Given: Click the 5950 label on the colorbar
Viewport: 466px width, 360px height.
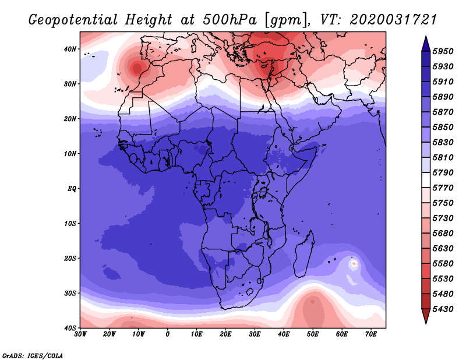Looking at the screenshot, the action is coord(443,51).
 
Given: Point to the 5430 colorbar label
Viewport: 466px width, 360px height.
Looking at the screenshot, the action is coord(443,309).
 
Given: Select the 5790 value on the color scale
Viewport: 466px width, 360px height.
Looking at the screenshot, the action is coord(443,172).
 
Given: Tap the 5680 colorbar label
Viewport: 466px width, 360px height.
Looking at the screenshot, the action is coord(443,234).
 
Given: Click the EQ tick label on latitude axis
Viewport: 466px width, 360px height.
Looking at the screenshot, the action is coord(72,189).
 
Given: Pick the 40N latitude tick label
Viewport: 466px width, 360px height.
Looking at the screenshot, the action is coord(70,49).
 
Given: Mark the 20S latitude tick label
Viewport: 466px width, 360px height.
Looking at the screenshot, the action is coord(70,258).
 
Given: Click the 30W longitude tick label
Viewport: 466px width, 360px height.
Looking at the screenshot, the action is coord(80,334).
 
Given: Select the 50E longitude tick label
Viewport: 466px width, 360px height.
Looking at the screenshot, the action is coord(313,334).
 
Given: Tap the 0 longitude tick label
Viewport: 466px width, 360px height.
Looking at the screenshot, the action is coord(168,334).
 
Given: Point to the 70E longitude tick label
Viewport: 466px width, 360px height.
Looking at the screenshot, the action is coord(371,334).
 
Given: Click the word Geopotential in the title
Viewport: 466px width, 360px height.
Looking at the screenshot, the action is coord(73,20).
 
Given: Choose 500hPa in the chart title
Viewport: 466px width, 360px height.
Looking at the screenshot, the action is coord(230,20).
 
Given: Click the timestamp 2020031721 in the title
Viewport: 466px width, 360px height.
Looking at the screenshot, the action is coord(393,20).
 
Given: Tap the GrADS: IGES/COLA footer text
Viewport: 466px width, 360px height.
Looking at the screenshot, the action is coord(33,356).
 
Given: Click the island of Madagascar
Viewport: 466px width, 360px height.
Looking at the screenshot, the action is coord(303,254).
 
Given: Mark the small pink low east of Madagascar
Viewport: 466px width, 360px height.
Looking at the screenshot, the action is coord(354,263).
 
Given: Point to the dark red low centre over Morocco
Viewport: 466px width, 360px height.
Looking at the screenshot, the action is coord(137,68).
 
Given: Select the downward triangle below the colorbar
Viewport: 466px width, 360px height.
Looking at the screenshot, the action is coord(426,316).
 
